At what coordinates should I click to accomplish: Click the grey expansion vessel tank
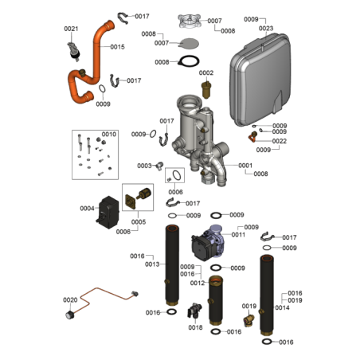260,80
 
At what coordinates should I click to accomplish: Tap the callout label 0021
71,29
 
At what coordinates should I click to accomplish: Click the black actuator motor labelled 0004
108,212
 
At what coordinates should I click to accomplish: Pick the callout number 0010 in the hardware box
109,135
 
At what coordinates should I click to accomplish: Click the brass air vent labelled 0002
206,90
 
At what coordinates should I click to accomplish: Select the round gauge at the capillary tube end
69,315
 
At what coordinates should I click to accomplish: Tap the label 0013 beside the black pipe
152,264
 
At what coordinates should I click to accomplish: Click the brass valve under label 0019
248,319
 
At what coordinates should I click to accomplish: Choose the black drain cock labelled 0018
194,310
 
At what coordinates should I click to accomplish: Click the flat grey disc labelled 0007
189,44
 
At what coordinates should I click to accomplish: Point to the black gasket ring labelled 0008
189,61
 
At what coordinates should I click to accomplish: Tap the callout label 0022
280,141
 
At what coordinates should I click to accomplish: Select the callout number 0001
245,166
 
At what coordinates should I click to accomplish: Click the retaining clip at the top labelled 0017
123,18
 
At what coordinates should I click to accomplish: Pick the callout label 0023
266,28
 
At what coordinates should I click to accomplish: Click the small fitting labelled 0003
159,166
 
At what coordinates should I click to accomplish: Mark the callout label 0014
282,307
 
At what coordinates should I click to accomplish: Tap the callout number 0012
198,284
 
